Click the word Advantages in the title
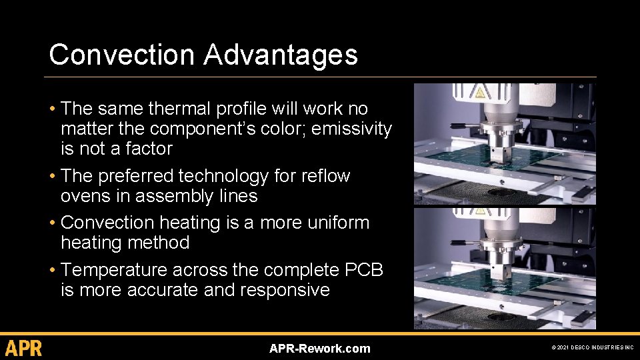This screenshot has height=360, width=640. pos(281,55)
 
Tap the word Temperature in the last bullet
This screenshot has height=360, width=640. pos(114,270)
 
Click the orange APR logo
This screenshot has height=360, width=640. pos(24,348)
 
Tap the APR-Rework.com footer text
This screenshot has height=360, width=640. pos(319,349)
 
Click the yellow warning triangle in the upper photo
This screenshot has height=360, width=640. pos(479,91)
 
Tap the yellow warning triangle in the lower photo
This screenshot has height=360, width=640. pos(479,214)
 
